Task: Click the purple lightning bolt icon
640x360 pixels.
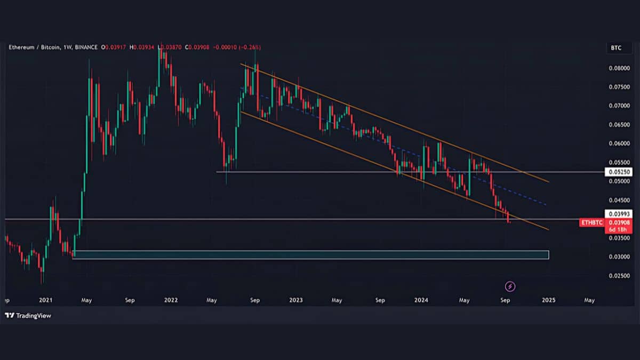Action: (x=510, y=286)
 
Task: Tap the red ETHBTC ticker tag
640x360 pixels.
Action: (x=593, y=222)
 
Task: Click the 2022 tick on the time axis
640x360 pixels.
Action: (x=171, y=300)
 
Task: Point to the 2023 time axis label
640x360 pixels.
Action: (x=295, y=300)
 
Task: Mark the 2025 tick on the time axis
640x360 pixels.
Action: (x=548, y=300)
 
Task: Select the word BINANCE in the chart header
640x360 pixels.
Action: (x=86, y=47)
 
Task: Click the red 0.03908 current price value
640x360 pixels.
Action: (x=615, y=222)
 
